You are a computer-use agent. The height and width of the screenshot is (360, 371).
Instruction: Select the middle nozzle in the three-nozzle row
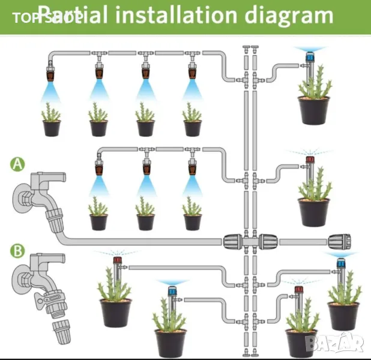tap(145, 164)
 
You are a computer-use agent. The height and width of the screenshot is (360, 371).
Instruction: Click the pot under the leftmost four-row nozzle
tap(51, 128)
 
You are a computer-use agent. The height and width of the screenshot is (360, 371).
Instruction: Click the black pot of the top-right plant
tap(313, 110)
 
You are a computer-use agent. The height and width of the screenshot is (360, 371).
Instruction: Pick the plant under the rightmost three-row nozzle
tap(192, 207)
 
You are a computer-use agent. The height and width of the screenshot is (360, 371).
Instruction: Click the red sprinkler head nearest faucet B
tap(117, 262)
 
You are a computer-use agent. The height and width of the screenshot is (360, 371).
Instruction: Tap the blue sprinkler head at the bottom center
tap(171, 292)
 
